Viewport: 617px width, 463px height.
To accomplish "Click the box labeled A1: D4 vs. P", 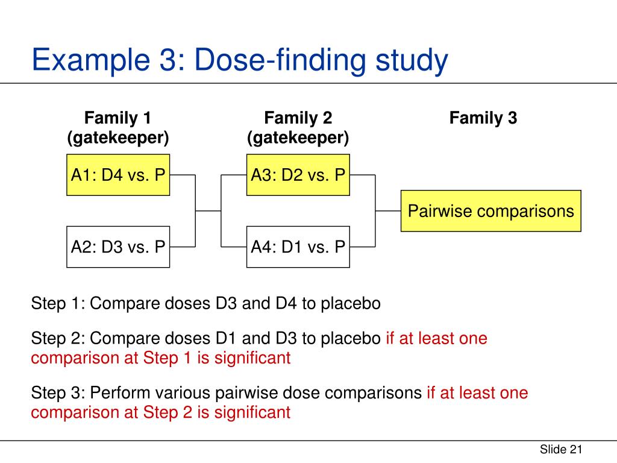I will [x=117, y=175].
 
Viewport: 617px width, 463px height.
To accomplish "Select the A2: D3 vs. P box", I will [x=117, y=247].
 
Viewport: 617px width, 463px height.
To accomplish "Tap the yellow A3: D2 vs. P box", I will [x=298, y=175].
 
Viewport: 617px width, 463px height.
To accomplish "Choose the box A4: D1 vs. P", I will [x=298, y=247].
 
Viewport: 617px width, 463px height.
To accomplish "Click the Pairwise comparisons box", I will [x=490, y=211].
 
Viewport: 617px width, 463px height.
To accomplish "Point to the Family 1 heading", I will [x=117, y=118].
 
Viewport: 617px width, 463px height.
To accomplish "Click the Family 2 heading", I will [x=298, y=118].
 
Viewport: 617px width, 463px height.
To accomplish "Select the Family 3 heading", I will [x=483, y=118].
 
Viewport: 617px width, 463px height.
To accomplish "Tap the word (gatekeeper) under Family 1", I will [x=117, y=138].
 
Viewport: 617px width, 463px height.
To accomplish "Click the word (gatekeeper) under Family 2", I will [x=298, y=138].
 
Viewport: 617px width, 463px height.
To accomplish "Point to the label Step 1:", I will [x=58, y=303].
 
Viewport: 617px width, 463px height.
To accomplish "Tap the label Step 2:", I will [x=58, y=338].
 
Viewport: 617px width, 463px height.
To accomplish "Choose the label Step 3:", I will [x=58, y=394].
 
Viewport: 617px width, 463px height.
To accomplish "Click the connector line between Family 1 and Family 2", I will [x=208, y=211].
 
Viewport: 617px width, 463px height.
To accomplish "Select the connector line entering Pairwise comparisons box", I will [x=389, y=211].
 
